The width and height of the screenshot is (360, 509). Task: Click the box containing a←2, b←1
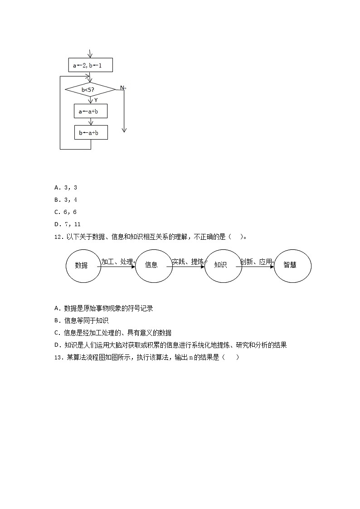[90, 65]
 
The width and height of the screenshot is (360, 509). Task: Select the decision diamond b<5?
[90, 90]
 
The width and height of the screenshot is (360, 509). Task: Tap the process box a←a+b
[91, 111]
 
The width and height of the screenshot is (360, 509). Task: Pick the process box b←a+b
[91, 132]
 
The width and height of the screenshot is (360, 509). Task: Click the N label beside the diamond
[122, 87]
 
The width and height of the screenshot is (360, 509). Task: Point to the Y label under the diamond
[96, 100]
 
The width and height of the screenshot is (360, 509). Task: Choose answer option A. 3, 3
[66, 187]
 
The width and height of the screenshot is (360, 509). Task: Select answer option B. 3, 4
[66, 199]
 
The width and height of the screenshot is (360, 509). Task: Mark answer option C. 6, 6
[66, 212]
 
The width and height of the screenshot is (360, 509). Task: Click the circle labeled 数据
[82, 265]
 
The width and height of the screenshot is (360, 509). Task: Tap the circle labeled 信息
[151, 265]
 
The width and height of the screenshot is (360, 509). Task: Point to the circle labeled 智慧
[290, 265]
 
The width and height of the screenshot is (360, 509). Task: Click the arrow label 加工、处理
[117, 262]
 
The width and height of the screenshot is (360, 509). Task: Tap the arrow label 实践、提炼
[188, 262]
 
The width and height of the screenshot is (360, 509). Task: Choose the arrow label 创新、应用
[256, 262]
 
